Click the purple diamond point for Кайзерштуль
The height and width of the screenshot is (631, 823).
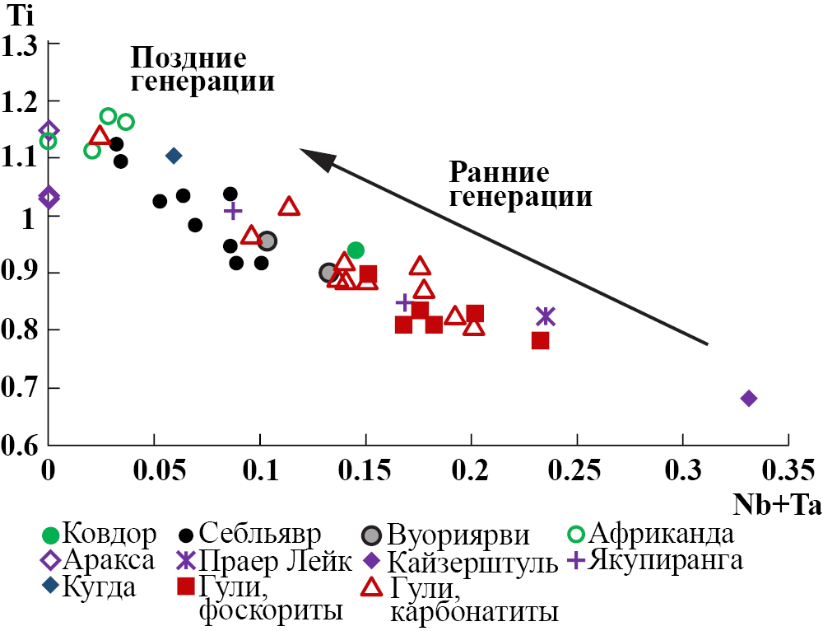[749, 399]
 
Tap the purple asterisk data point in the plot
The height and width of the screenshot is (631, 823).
[546, 316]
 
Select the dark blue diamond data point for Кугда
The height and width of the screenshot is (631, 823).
[174, 156]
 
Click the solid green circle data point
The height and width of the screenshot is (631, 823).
[356, 250]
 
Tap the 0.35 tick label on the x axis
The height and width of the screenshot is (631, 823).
[789, 472]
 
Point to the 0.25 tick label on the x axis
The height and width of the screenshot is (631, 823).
[577, 472]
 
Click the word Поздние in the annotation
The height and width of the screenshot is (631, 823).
[189, 58]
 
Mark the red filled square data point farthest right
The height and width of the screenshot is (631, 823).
[540, 340]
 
